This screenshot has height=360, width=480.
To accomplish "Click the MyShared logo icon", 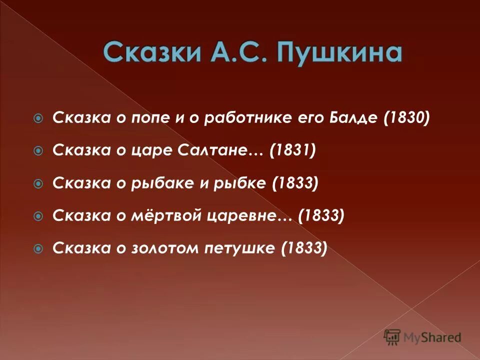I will [391, 337].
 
